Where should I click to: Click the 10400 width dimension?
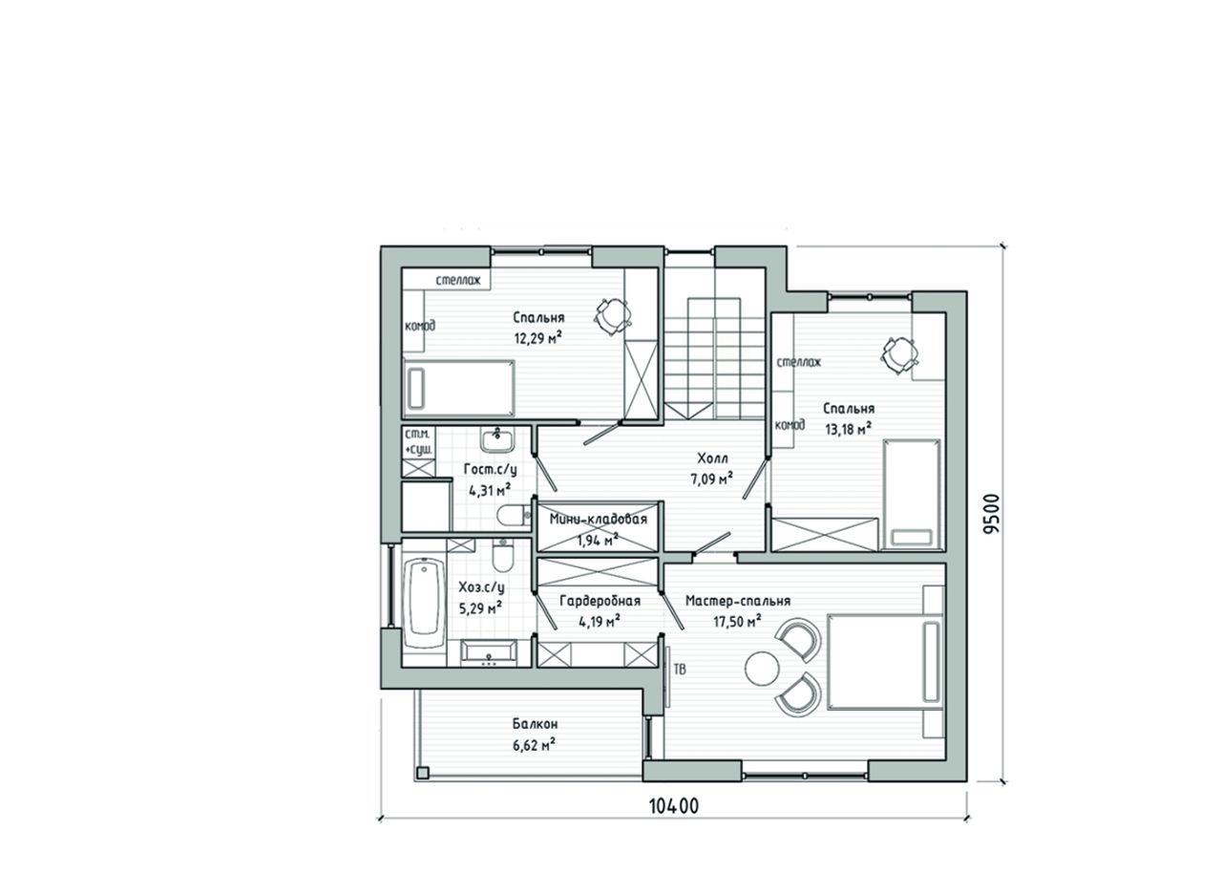[x=674, y=806]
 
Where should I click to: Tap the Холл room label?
[x=712, y=458]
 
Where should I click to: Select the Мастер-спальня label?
[x=738, y=601]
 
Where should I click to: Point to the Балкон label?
[x=535, y=724]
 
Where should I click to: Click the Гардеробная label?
[x=600, y=601]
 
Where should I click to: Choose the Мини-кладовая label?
[x=598, y=519]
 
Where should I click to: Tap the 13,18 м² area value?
[x=848, y=429]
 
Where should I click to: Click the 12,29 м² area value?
[x=537, y=338]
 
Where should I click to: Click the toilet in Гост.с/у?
[x=514, y=516]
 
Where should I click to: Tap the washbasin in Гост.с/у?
[x=497, y=439]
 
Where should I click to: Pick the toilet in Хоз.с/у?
[x=502, y=556]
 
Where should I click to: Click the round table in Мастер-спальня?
[x=762, y=669]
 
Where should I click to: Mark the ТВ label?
[x=680, y=670]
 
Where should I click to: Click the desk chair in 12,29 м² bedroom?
[x=613, y=315]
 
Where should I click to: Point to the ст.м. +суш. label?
[x=419, y=442]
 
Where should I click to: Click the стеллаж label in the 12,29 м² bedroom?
[x=458, y=281]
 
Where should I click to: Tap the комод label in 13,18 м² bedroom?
[x=790, y=425]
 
